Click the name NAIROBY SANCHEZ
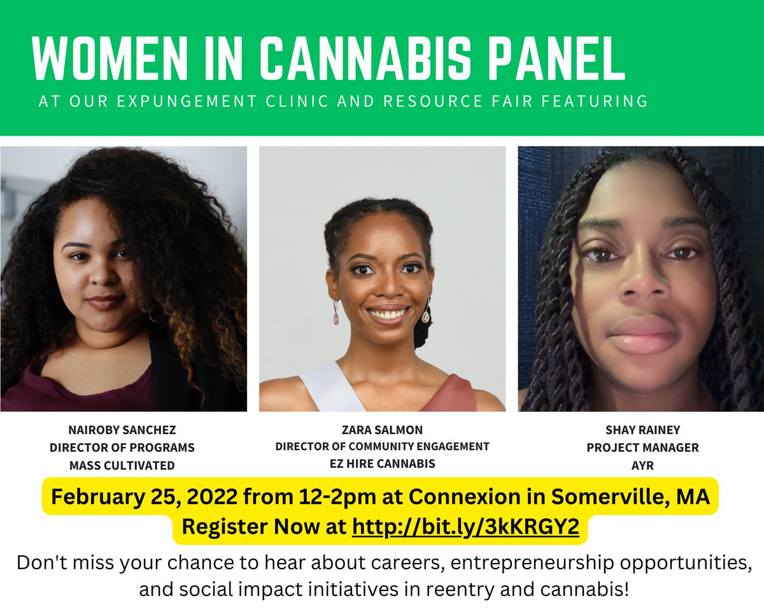[x=122, y=429]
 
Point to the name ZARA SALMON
[x=382, y=429]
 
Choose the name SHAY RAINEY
[x=642, y=429]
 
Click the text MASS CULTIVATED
[x=122, y=465]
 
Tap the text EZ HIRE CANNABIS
[x=382, y=463]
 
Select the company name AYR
[x=642, y=465]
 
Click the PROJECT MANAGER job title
[x=642, y=448]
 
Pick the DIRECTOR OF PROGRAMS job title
[x=122, y=448]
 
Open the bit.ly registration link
[x=465, y=528]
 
